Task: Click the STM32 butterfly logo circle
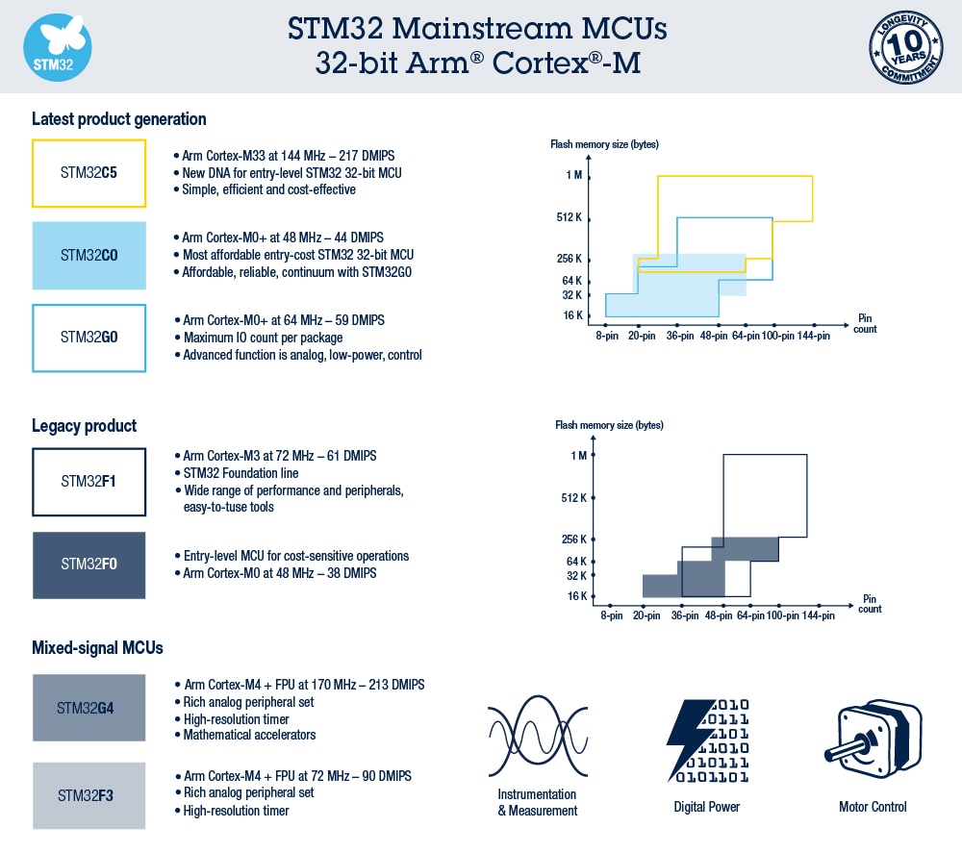(57, 46)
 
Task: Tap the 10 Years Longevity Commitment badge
(905, 46)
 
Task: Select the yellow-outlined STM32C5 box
(89, 173)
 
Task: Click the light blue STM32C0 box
(89, 255)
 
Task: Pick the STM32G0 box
(89, 338)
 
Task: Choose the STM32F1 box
(89, 481)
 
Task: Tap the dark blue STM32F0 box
(89, 564)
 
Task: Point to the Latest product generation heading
(119, 119)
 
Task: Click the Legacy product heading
(85, 425)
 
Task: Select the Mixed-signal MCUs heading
(97, 647)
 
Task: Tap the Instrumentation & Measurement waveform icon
(537, 737)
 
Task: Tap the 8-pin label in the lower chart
(608, 615)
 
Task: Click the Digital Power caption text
(707, 807)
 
